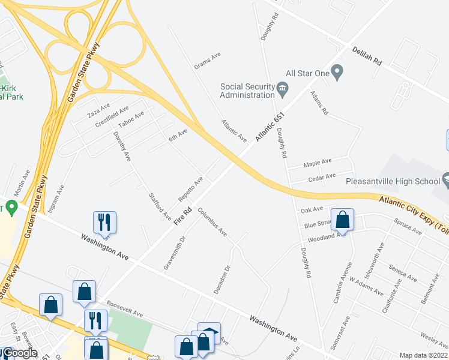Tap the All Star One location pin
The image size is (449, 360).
click(x=337, y=73)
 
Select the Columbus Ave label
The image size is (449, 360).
click(x=212, y=222)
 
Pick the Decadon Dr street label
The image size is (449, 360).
click(x=222, y=280)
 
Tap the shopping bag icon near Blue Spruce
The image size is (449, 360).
click(x=343, y=220)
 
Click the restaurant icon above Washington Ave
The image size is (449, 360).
click(x=104, y=221)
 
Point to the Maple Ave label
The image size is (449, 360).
click(x=318, y=163)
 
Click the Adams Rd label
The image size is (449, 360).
click(x=319, y=103)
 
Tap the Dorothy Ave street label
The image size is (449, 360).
click(x=122, y=146)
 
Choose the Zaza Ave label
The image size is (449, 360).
click(x=98, y=110)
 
